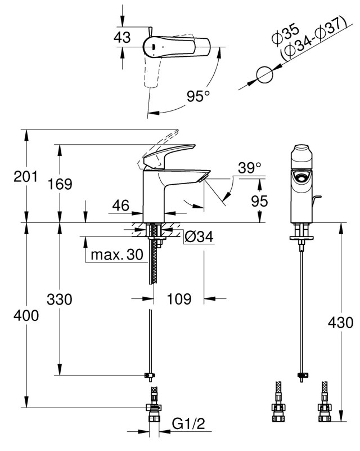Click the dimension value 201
(25, 176)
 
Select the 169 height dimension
(60, 184)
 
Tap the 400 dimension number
(26, 315)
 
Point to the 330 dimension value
(60, 300)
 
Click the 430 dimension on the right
(341, 323)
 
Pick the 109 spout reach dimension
(179, 299)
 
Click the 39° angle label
(250, 168)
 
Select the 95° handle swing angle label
(199, 96)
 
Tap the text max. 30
(117, 254)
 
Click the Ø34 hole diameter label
(199, 236)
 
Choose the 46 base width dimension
(121, 206)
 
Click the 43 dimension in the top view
(122, 37)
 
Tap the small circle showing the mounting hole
(264, 75)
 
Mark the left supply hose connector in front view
(278, 402)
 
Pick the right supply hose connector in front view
(325, 402)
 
